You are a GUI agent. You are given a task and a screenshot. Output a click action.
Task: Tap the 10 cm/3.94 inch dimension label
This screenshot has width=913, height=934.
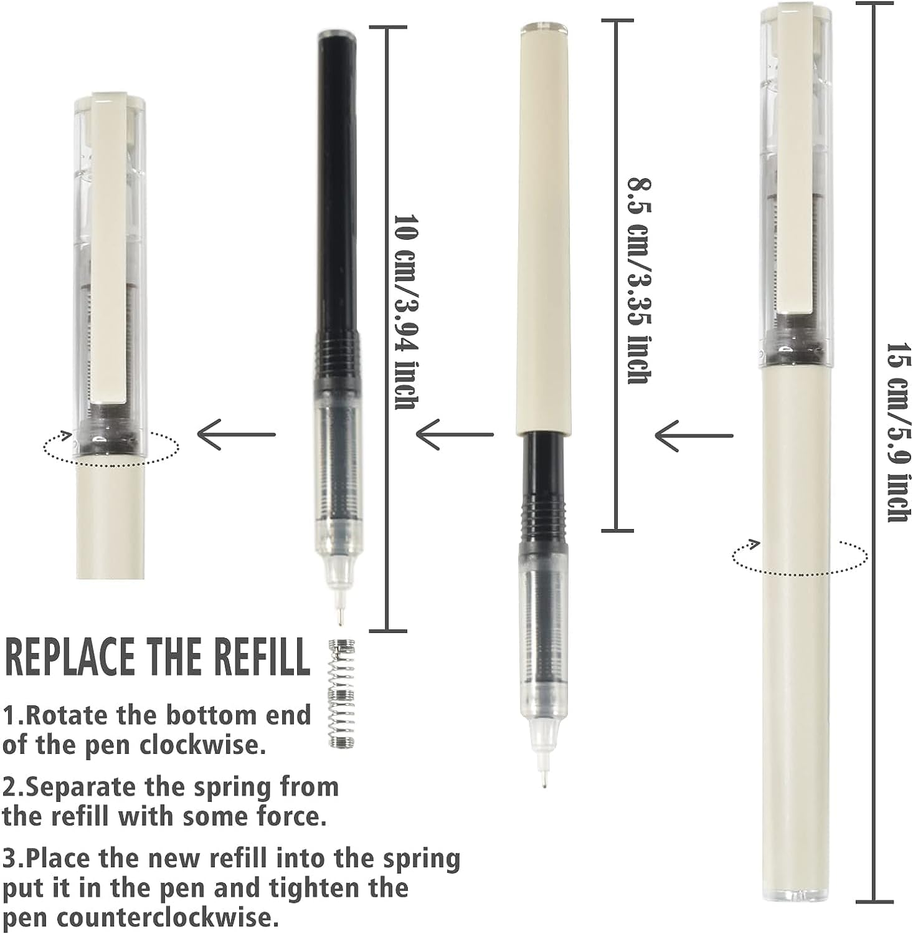pos(405,312)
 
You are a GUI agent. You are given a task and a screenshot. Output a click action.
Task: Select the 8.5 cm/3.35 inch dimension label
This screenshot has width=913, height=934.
pos(639,280)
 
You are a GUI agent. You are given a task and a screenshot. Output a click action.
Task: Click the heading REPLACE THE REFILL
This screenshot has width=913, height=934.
pos(157,657)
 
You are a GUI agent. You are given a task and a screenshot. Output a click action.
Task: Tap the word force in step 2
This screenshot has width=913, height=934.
pos(290,816)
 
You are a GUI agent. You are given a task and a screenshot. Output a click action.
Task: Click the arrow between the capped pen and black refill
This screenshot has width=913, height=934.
pos(237,434)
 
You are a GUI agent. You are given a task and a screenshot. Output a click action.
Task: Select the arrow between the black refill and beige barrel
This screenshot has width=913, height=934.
pos(455,434)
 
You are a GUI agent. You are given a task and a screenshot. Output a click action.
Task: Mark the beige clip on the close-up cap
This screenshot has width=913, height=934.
pos(110,249)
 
